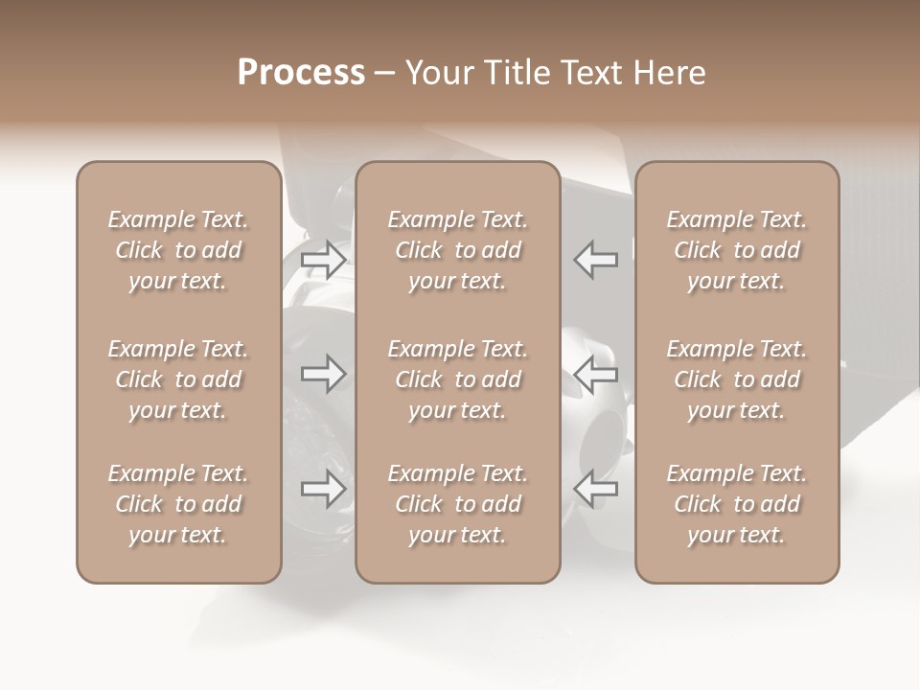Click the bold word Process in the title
click(301, 73)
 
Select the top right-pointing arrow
click(324, 259)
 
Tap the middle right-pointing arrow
click(324, 374)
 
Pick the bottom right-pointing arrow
click(324, 489)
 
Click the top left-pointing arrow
click(595, 259)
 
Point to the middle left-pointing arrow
click(595, 374)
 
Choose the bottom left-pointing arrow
click(595, 489)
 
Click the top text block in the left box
click(178, 250)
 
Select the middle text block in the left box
click(178, 379)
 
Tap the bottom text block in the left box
click(178, 504)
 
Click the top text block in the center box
click(457, 250)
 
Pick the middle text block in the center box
click(457, 379)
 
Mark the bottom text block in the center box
click(457, 504)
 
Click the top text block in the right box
click(736, 250)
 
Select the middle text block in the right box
click(736, 379)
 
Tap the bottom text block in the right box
click(736, 504)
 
